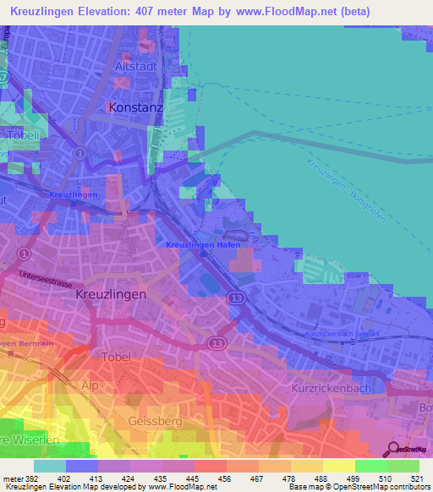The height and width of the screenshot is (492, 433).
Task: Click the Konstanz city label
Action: tap(136, 108)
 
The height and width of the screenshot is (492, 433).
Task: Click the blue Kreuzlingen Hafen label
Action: tap(204, 244)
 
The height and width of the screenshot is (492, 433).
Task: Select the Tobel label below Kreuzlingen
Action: tap(115, 357)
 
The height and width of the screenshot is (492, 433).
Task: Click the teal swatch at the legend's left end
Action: tap(50, 466)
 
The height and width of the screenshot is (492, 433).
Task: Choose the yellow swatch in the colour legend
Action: tap(338, 466)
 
